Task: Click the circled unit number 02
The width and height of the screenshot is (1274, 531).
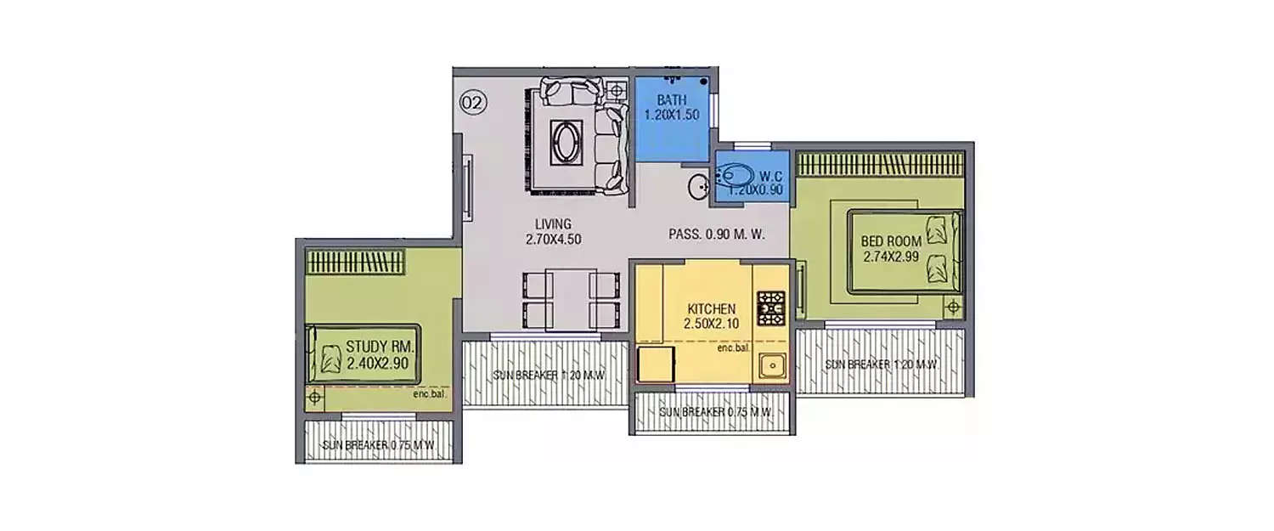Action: pos(472,104)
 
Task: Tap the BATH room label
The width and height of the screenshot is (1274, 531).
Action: pos(671,100)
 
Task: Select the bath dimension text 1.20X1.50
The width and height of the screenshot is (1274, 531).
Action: pos(671,114)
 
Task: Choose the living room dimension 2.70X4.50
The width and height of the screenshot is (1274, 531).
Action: pos(553,239)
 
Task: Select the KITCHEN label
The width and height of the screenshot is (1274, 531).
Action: pos(711,308)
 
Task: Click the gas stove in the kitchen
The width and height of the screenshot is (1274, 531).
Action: pos(770,308)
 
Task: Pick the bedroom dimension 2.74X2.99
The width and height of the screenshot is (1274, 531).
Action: pos(892,256)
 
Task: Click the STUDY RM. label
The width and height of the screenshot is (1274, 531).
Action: pos(380,347)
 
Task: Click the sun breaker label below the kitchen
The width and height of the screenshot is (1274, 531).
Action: pos(715,412)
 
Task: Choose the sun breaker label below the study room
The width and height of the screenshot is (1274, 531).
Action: pos(379,445)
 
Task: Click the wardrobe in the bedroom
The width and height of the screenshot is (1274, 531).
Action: pos(880,163)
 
